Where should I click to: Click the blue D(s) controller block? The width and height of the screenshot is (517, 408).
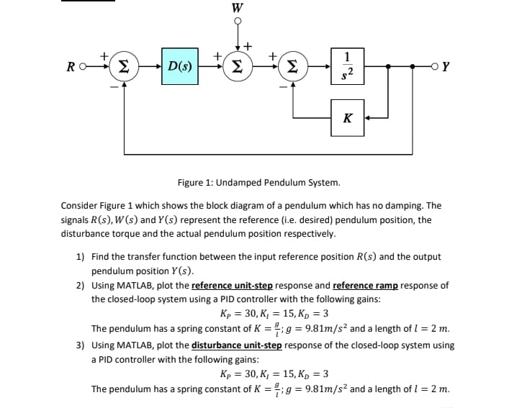tap(179, 67)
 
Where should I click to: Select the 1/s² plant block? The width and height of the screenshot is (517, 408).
tap(349, 66)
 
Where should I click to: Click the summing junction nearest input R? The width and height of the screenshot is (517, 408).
tap(125, 67)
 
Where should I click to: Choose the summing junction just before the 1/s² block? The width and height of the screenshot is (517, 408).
tap(291, 67)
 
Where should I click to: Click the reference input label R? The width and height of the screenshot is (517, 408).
tap(71, 68)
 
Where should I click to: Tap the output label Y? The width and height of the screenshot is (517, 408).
tap(446, 68)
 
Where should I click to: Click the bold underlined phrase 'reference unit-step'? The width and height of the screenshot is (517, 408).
tap(233, 285)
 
